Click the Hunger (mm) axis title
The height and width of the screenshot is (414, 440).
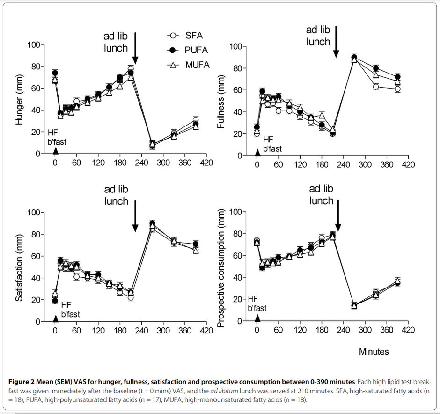point(20,100)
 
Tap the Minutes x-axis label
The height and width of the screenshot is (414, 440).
point(374,351)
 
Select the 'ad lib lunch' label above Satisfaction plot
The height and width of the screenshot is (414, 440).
point(116,195)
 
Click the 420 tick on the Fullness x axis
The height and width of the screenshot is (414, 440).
point(408,165)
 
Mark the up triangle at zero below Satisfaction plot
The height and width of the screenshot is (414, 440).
point(55,318)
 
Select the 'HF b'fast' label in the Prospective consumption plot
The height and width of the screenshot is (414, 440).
point(257,303)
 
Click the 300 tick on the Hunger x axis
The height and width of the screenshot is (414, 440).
point(163,163)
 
